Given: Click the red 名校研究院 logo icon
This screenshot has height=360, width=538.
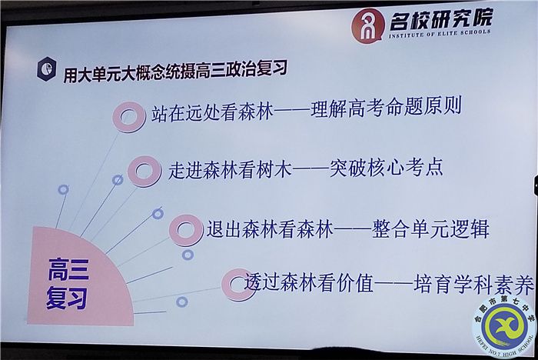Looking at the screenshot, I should click(367, 25).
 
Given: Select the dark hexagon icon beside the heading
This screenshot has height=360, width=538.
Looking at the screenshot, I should click(47, 68).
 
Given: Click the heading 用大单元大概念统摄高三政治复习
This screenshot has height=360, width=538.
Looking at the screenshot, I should click(175, 69).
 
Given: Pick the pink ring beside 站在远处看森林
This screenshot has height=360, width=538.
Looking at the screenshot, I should click(129, 116).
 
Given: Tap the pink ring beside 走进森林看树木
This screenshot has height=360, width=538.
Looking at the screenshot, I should click(144, 170).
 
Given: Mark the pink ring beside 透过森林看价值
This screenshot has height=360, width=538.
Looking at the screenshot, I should click(237, 284).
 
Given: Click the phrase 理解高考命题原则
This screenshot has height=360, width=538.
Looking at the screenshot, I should click(385, 106).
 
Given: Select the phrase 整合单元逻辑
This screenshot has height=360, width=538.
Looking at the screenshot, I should click(430, 228).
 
